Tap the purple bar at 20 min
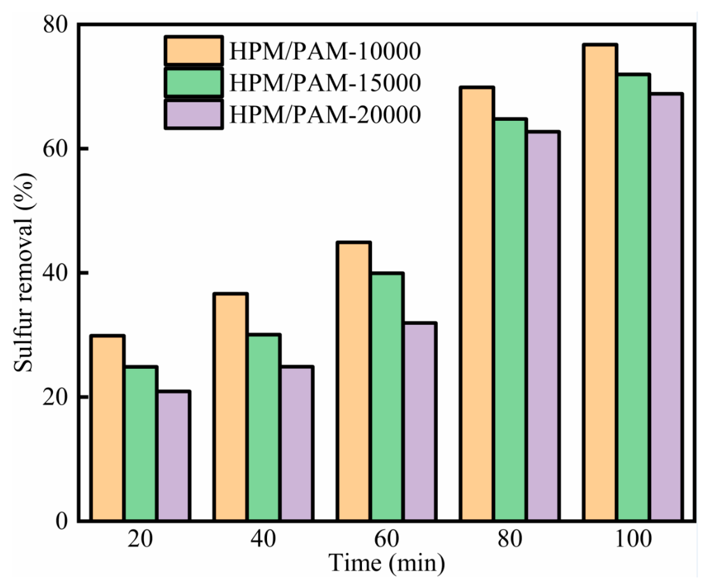point(173,456)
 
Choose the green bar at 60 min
point(387,396)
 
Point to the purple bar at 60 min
point(420,422)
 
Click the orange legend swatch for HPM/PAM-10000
point(194,51)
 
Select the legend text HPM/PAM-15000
point(325,83)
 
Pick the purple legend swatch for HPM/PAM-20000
point(194,114)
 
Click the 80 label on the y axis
point(56,25)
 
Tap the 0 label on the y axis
point(62,521)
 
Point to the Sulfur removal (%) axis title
point(24,273)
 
